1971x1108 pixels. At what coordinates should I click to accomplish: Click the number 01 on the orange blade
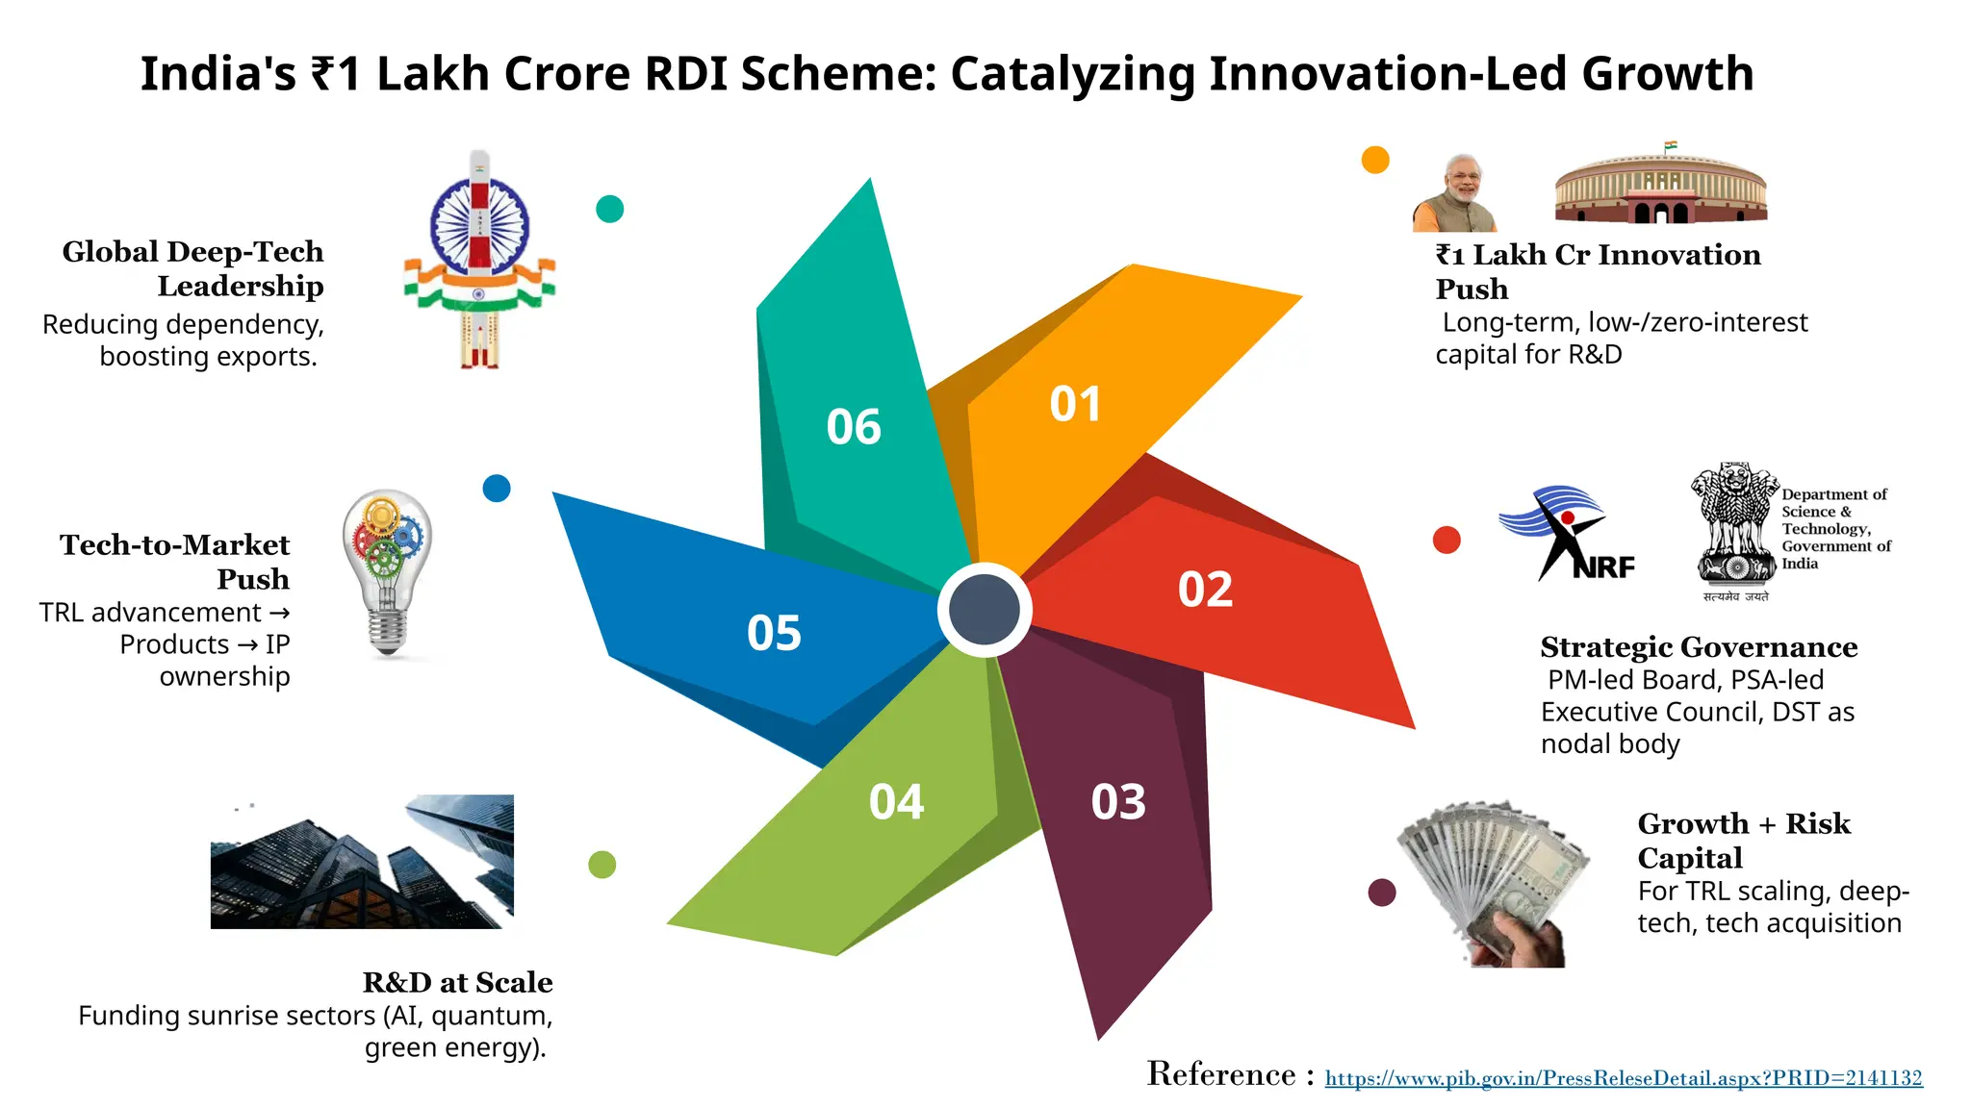(1075, 405)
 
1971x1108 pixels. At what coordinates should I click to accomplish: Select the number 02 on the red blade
(1205, 590)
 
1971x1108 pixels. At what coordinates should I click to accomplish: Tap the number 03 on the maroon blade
(1118, 802)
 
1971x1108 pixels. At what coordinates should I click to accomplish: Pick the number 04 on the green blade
(896, 802)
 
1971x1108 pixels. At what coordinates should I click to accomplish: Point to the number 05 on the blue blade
(774, 634)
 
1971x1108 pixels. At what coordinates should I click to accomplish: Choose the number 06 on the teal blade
(854, 427)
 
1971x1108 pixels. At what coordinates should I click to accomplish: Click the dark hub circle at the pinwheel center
(984, 610)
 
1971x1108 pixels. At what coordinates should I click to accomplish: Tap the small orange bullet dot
(1375, 160)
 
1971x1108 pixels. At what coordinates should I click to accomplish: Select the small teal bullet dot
(610, 209)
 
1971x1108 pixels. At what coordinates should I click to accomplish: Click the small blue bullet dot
(497, 489)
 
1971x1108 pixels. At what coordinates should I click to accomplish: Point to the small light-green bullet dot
(602, 865)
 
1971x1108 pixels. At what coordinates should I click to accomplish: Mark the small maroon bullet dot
(1382, 893)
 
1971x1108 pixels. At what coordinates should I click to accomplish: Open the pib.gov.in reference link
(1624, 1078)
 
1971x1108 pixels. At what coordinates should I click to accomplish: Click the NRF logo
(1566, 534)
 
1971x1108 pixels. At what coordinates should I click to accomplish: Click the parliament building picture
(1661, 186)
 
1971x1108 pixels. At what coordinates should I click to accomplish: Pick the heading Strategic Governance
(1699, 647)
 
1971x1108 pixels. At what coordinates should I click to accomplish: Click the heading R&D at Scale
(457, 982)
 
